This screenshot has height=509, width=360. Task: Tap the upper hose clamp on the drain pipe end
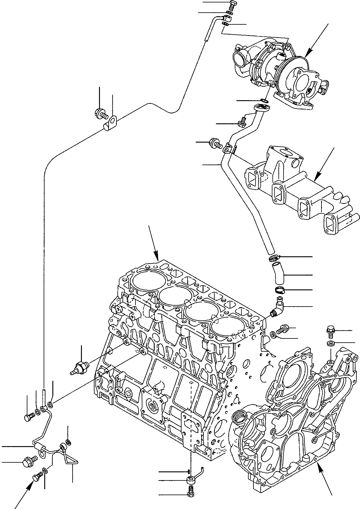pos(273,258)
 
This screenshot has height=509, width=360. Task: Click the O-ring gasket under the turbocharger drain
pos(264,100)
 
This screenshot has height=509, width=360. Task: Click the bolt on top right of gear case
pos(331,331)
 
